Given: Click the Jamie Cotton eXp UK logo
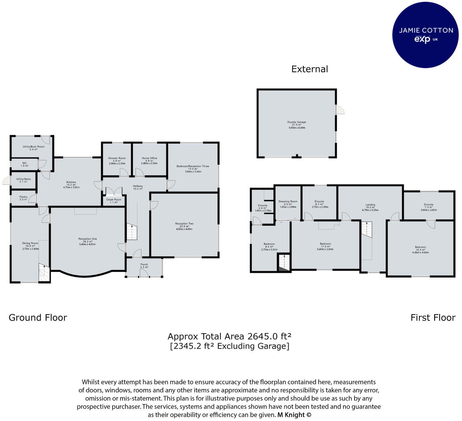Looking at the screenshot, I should tap(425, 34).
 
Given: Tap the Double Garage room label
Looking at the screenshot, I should tap(296, 122).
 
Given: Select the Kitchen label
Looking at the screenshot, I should tap(71, 182).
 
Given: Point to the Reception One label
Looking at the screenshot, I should tap(87, 239).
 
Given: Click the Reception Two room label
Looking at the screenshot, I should tap(184, 224).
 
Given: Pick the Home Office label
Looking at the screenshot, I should tap(149, 158).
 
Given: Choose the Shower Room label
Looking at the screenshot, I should tap(117, 158).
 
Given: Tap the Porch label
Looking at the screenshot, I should tap(144, 265).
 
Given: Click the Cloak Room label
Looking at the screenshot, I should tap(114, 200).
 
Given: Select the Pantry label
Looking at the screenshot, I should tap(23, 197).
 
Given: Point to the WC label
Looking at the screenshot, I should tap(24, 163).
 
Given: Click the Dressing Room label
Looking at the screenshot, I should tap(288, 202).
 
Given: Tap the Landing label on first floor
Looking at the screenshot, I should tap(370, 205).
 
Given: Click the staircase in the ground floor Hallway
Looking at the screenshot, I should tap(132, 232).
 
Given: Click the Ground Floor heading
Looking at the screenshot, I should tap(38, 318).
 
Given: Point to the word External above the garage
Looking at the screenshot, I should tap(309, 69).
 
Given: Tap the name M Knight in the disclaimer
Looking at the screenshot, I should tap(291, 415).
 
